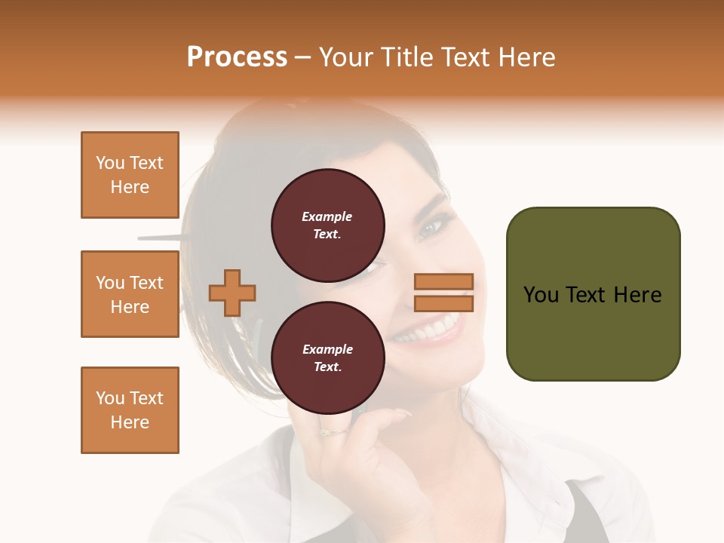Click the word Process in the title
tap(237, 57)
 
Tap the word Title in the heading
tap(404, 57)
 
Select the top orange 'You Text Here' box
tap(130, 175)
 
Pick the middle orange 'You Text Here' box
tap(130, 294)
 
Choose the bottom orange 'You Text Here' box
tap(130, 410)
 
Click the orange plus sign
tap(232, 293)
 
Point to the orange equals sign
tap(443, 293)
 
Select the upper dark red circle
tap(328, 225)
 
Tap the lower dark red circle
tap(328, 358)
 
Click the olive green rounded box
tap(594, 294)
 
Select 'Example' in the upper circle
tap(327, 216)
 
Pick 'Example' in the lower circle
tap(327, 349)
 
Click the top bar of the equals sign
tap(443, 281)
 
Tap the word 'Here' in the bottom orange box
tap(130, 422)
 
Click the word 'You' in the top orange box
tap(109, 163)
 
